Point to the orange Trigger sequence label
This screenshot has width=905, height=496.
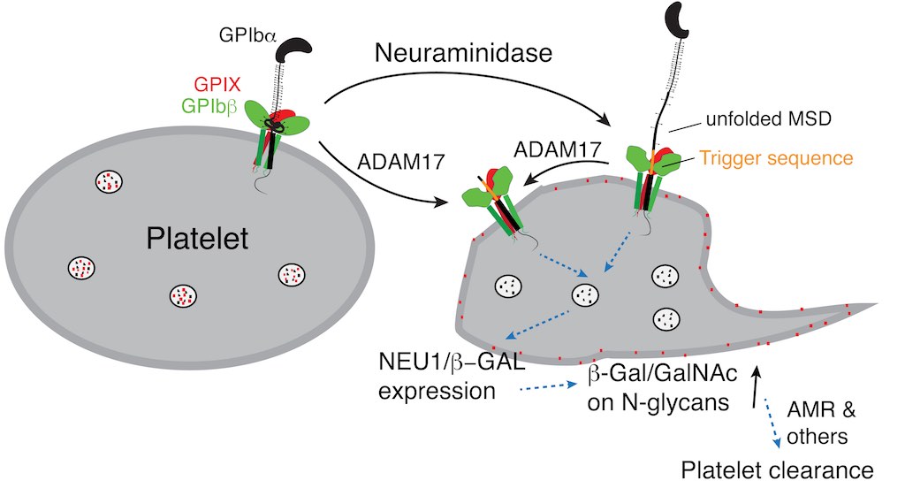coord(777,158)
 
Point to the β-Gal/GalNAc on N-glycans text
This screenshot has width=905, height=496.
coord(657,388)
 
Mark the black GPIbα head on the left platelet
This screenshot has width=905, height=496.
coord(291,50)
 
